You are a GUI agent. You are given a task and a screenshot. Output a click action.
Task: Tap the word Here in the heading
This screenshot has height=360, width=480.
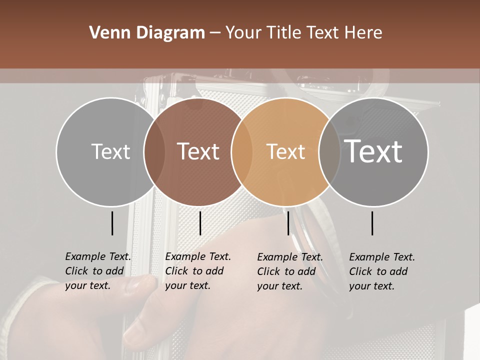(363, 33)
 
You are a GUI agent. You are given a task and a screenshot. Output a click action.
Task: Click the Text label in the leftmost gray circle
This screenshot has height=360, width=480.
(110, 151)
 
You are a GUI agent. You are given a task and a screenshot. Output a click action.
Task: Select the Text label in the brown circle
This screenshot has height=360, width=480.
(198, 151)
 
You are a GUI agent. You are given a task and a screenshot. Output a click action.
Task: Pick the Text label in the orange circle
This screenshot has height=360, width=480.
(285, 151)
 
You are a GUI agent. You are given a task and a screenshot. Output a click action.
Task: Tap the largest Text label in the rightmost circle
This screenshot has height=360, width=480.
(373, 151)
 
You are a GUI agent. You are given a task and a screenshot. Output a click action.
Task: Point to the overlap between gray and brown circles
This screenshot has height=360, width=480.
(154, 151)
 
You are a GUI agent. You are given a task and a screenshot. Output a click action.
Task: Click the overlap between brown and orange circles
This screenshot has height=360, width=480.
(242, 151)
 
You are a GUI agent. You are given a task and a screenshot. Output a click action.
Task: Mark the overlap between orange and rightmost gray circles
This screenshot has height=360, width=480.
(329, 151)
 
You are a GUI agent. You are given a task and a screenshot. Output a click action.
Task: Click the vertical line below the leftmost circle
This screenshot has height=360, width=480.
(112, 223)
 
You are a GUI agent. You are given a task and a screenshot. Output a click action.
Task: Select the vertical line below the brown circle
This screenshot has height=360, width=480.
(200, 223)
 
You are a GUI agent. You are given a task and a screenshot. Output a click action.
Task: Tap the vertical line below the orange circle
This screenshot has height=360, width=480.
(288, 223)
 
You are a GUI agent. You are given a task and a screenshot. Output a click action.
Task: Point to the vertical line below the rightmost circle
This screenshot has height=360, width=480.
(372, 223)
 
